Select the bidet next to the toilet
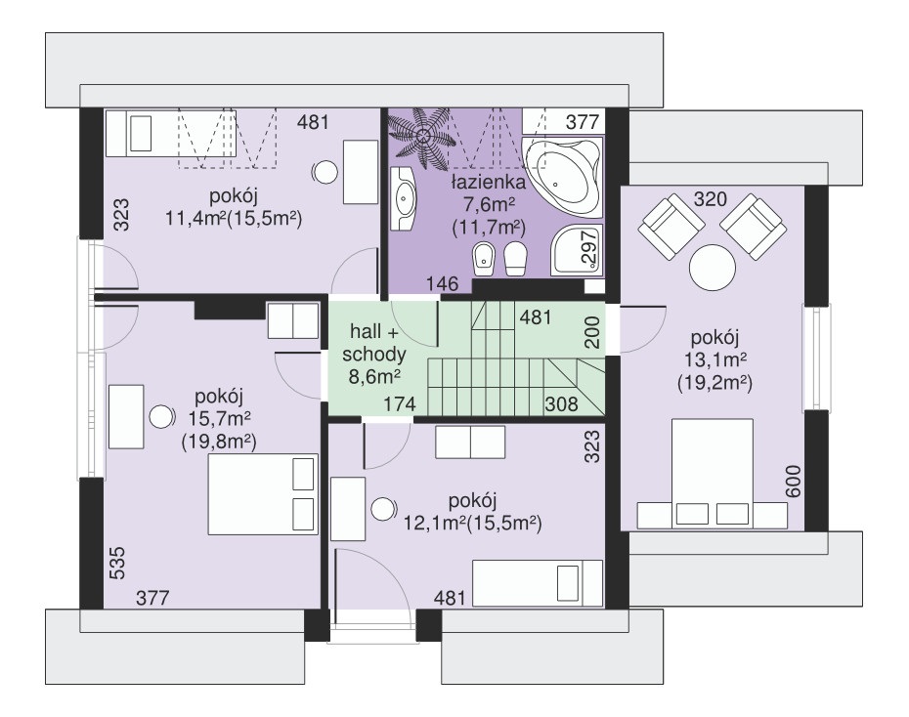click(482, 260)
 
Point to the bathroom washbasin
click(403, 198)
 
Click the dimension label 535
click(117, 563)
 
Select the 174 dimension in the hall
click(400, 403)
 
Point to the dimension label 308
click(561, 403)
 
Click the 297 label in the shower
click(589, 247)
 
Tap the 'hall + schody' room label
click(374, 343)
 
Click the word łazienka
click(489, 183)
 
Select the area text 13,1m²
click(714, 360)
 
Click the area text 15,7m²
click(219, 419)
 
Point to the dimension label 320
click(711, 199)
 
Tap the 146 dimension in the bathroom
click(443, 284)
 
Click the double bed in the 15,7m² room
click(264, 494)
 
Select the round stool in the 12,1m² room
click(383, 509)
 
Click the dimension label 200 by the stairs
click(592, 332)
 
